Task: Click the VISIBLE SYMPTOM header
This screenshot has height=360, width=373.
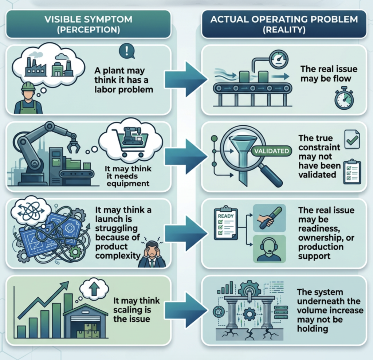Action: tap(88, 24)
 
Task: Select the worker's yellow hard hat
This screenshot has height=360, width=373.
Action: tap(28, 86)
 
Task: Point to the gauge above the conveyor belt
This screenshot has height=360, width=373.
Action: tap(279, 59)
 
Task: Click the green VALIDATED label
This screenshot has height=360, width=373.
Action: tap(272, 150)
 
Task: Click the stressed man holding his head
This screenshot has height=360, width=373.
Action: tap(152, 254)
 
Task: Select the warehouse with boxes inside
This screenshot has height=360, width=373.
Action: tap(85, 321)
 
